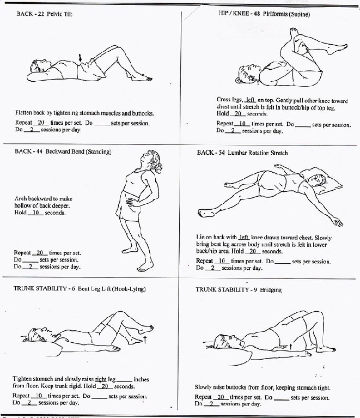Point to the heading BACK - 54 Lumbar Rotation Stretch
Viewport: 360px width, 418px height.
point(242,153)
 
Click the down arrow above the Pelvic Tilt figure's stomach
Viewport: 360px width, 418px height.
point(81,58)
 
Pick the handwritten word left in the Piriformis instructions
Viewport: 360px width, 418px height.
point(250,100)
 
